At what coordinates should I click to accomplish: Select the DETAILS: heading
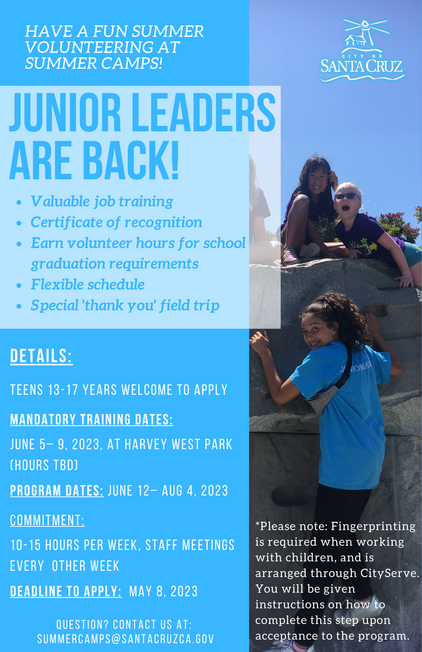pyautogui.click(x=41, y=356)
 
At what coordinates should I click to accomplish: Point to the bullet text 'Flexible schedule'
pyautogui.click(x=88, y=284)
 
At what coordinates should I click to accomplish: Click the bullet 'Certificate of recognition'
pyautogui.click(x=116, y=222)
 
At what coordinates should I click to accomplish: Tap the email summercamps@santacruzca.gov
pyautogui.click(x=126, y=639)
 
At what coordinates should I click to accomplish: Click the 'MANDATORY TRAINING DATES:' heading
pyautogui.click(x=92, y=420)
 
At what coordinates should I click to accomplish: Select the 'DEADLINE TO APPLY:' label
pyautogui.click(x=66, y=591)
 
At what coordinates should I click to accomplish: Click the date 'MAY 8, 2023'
pyautogui.click(x=163, y=591)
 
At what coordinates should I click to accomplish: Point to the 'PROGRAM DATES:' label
pyautogui.click(x=57, y=491)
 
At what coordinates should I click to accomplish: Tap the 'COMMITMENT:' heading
pyautogui.click(x=47, y=520)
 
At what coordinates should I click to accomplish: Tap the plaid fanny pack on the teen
pyautogui.click(x=321, y=398)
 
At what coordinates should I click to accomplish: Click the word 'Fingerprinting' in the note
pyautogui.click(x=373, y=526)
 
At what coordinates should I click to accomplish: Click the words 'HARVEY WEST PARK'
pyautogui.click(x=179, y=444)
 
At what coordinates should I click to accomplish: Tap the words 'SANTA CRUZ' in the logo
pyautogui.click(x=362, y=66)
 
